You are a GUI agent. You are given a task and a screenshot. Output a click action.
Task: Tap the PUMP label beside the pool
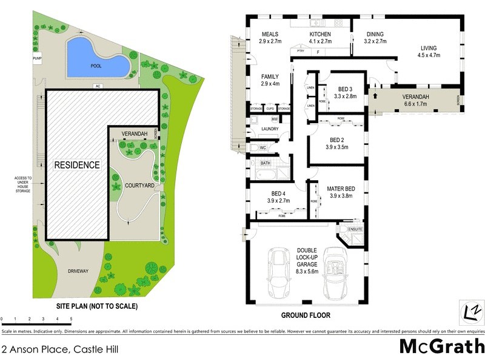[36, 58]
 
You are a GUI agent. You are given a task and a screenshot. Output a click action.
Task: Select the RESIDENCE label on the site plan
[76, 165]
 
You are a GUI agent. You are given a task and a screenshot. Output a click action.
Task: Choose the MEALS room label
[269, 34]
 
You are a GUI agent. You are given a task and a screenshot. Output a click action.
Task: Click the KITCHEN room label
[321, 34]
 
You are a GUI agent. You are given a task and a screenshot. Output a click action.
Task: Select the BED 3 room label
[347, 89]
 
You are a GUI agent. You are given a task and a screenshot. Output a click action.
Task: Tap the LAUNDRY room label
[270, 129]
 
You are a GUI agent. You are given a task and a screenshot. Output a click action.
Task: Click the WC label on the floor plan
[263, 147]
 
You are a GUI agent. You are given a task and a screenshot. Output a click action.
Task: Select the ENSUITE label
[355, 229]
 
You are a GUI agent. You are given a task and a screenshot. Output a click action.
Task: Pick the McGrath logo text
[441, 346]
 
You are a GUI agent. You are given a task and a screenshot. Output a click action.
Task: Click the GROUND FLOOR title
[306, 315]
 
